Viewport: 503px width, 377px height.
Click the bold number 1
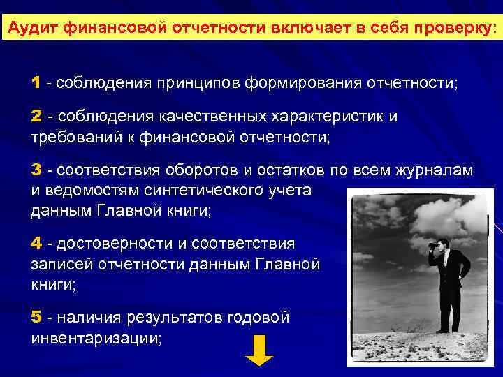coord(36,83)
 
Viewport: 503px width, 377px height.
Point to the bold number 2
coord(36,116)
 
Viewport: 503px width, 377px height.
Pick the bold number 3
coord(36,170)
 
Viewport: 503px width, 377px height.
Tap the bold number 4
coord(36,244)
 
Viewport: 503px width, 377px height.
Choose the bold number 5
coord(36,318)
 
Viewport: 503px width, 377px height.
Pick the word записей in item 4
coord(59,265)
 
